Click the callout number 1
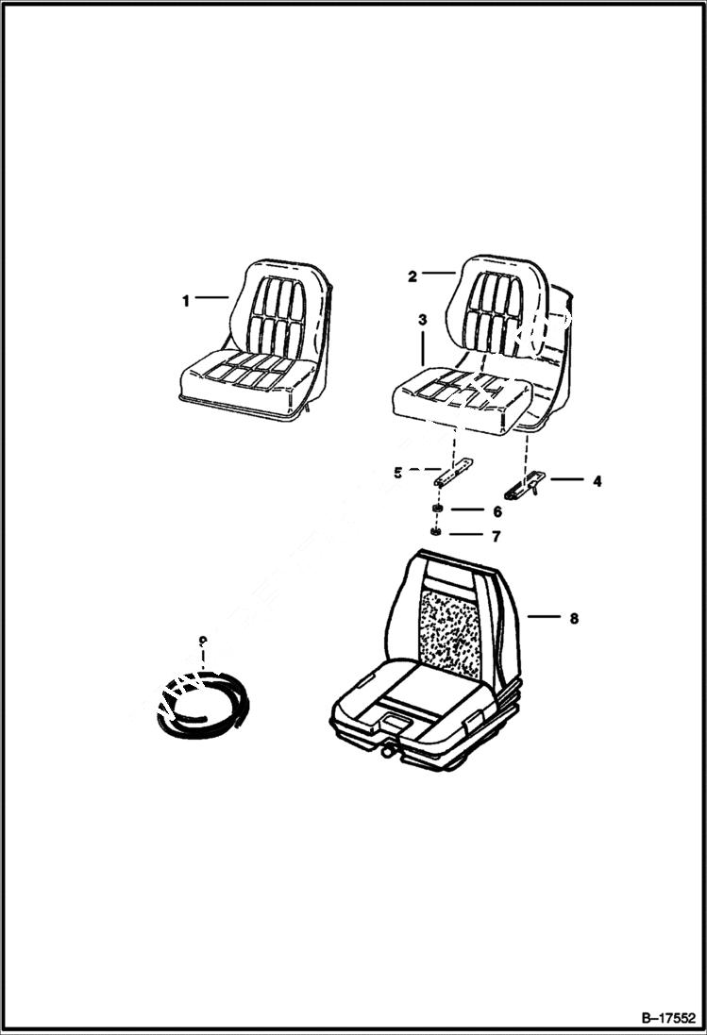(186, 301)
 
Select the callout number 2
(412, 276)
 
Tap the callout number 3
(422, 321)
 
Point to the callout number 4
(597, 480)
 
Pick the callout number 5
(398, 473)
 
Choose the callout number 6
(497, 511)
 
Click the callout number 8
(573, 619)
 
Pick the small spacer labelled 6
(438, 511)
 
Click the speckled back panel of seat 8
(450, 626)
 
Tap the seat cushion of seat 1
(247, 379)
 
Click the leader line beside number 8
(545, 619)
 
